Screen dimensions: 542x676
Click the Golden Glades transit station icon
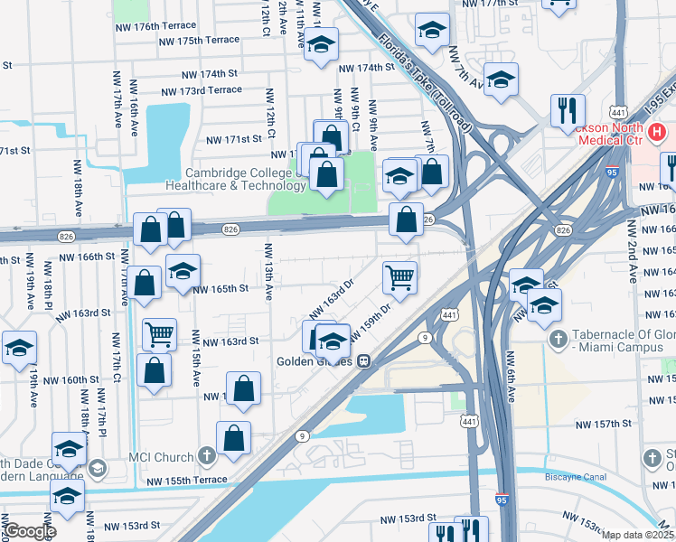point(363,360)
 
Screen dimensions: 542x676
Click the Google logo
point(29,531)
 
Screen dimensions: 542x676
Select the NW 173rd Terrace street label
point(201,90)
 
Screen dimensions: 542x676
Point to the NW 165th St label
point(221,289)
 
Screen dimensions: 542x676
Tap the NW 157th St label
point(604,423)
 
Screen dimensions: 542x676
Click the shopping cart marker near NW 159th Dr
point(399,278)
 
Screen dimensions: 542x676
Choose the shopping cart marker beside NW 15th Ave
point(159,334)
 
